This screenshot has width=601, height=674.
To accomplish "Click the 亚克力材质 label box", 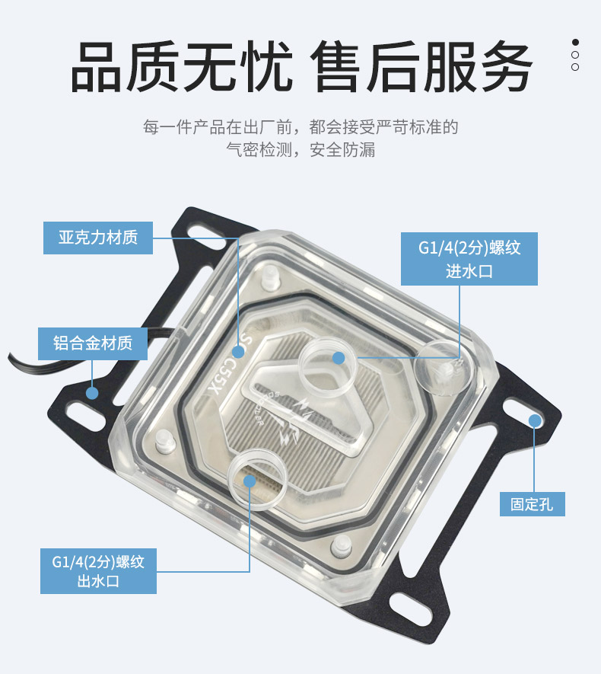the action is (x=98, y=238).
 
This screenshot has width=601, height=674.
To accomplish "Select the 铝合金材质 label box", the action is (x=93, y=343).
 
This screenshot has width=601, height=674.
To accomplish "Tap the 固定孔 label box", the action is (x=533, y=503).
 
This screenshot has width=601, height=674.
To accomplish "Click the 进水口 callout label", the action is (x=469, y=259).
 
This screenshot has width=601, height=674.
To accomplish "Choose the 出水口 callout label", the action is (x=98, y=571).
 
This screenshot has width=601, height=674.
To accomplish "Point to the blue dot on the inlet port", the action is (x=339, y=358).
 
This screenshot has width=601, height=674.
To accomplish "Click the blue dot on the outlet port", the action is (x=250, y=481).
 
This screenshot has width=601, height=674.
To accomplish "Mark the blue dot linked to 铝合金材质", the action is (x=92, y=392).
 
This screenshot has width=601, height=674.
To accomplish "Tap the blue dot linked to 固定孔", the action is (x=535, y=421).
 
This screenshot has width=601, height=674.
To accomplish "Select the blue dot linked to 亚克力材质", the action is (x=238, y=352).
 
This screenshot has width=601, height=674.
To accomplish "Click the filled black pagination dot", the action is (x=575, y=42).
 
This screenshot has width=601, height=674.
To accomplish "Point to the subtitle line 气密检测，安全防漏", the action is (x=300, y=149).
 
